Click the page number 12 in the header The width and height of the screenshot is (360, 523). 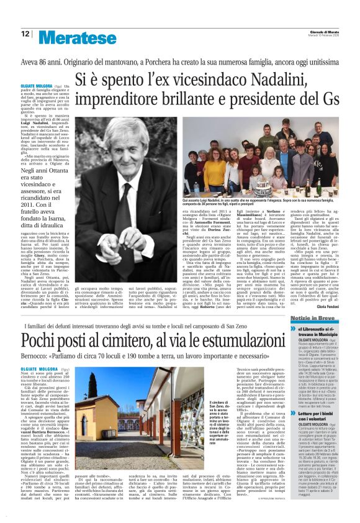[25, 35]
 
